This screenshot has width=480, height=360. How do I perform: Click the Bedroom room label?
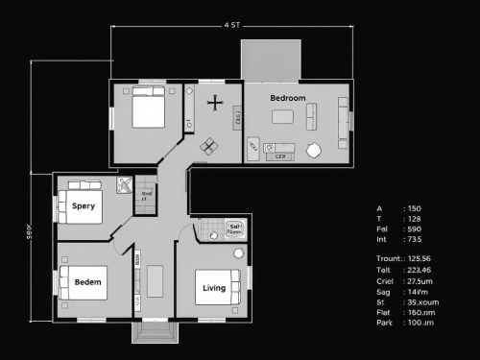pos(287,99)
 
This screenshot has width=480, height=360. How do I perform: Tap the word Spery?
pos(84,205)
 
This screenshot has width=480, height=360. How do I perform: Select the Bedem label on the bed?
pos(88,282)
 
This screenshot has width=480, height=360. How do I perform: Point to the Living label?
pos(214,288)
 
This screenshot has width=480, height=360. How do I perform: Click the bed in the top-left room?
pos(149,111)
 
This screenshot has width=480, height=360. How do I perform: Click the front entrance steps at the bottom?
pos(155,333)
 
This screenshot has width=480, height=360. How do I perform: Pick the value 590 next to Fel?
pos(415,228)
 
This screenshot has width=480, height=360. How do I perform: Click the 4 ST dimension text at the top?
pos(231,25)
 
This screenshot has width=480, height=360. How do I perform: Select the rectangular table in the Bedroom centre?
pos(282,117)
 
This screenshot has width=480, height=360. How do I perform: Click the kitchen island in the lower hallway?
pos(156,280)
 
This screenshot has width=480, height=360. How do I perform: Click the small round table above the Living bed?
pos(238,253)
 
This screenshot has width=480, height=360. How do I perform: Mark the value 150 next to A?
pos(415,208)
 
